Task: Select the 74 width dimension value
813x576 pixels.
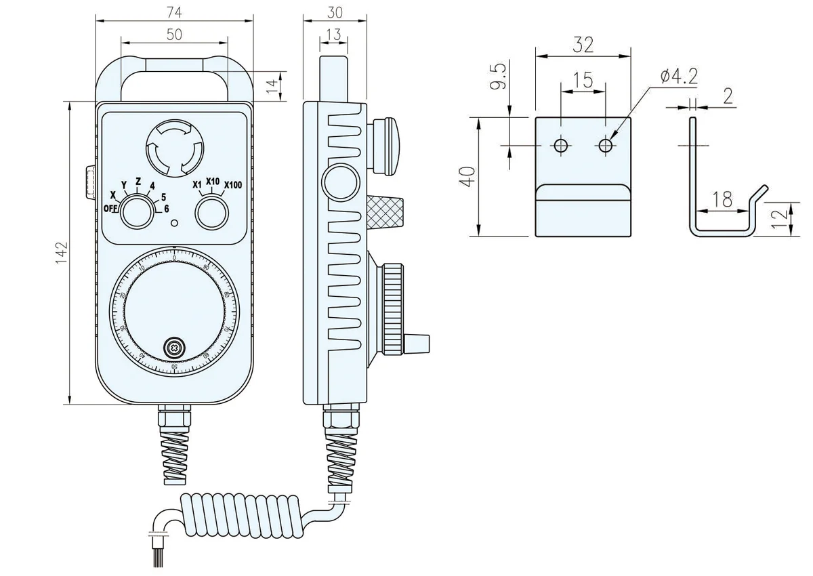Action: coord(174,11)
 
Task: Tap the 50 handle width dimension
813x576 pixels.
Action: coord(174,35)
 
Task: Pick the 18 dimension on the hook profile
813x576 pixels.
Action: coord(723,199)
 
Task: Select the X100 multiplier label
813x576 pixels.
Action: coord(233,184)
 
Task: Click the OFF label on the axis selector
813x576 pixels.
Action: coord(110,208)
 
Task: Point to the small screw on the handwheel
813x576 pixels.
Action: coord(175,348)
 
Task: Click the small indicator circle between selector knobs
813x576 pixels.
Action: coord(175,223)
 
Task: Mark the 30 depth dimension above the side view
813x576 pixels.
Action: coord(335,12)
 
